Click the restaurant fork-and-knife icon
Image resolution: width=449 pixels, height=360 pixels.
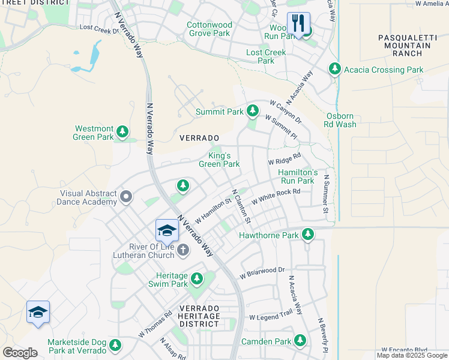298,23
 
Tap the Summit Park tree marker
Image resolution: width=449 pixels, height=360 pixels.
253,111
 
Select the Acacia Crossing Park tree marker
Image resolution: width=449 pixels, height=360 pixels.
335,70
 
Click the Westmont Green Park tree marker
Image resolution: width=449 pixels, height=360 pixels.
122,131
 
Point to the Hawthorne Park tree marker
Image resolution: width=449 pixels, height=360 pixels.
308,234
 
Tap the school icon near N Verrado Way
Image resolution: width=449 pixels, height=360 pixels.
167,230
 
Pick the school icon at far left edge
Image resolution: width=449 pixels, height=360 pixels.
38,312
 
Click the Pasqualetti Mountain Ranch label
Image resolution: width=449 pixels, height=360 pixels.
400,46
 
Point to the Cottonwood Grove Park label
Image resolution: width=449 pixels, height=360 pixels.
209,29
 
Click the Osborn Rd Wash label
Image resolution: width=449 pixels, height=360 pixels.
342,120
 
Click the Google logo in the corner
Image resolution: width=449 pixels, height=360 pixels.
20,353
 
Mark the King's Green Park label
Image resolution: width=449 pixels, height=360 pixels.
219,160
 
